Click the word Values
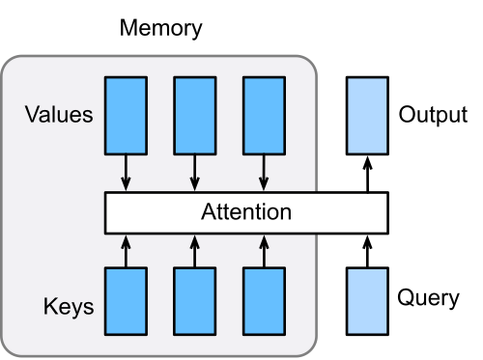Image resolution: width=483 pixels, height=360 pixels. tap(59, 116)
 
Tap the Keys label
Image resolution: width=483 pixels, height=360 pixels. tap(69, 308)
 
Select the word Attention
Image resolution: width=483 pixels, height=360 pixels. tap(245, 212)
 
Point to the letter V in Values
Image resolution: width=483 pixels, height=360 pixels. tap(32, 116)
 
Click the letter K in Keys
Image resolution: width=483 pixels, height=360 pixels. tap(50, 308)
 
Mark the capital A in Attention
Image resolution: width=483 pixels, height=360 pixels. tap(208, 212)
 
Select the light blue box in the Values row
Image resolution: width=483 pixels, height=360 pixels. tap(367, 115)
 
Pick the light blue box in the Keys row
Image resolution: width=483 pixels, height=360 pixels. tap(367, 300)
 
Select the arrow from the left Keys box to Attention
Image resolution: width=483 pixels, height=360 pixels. tap(126, 250)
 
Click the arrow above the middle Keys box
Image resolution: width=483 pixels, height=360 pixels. tap(194, 250)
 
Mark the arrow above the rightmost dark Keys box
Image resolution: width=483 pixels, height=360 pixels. tap(263, 250)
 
